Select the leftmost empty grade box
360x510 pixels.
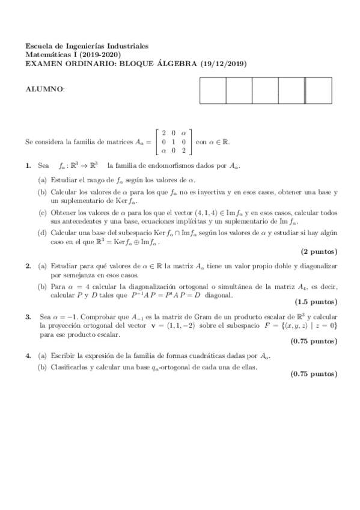[x=212, y=91]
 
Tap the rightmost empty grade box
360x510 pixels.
[x=318, y=91]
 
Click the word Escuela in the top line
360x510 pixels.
[x=38, y=46]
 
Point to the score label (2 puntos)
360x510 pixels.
[x=319, y=250]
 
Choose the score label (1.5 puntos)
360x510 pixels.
[x=316, y=301]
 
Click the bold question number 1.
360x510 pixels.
[x=28, y=165]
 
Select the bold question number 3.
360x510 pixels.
[x=28, y=315]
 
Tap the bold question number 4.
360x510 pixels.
[x=28, y=355]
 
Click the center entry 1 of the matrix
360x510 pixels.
[x=174, y=142]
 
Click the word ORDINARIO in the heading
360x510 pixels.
[x=85, y=61]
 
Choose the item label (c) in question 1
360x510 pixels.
[x=43, y=212]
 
